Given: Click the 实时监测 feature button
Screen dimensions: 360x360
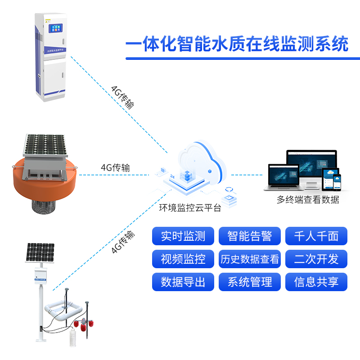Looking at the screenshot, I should pyautogui.click(x=183, y=236).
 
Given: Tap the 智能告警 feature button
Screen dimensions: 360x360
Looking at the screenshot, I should pyautogui.click(x=250, y=236).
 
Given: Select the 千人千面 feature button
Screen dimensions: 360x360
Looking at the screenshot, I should pyautogui.click(x=316, y=236).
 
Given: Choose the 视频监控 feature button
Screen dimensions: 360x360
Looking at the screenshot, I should pyautogui.click(x=183, y=259).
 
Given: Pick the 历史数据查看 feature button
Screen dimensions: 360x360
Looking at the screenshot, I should pyautogui.click(x=250, y=259).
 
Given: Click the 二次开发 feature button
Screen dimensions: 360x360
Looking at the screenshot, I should pyautogui.click(x=316, y=259).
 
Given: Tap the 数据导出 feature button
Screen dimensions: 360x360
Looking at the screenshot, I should pyautogui.click(x=183, y=282).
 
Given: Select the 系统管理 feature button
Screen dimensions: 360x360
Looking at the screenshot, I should pyautogui.click(x=250, y=282).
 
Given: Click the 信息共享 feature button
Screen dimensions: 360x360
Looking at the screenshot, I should pyautogui.click(x=316, y=282).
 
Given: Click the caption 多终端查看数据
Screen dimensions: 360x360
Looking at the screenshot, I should pyautogui.click(x=308, y=200).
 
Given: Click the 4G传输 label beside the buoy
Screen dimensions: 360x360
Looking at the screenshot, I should pyautogui.click(x=115, y=167).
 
